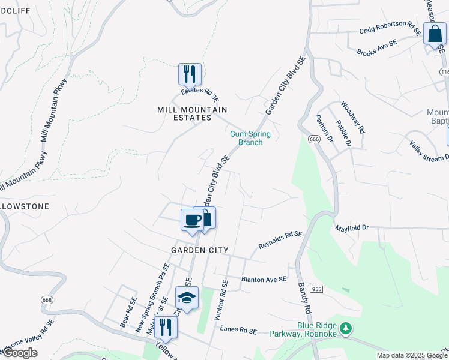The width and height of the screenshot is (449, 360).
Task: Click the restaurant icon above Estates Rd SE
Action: [190, 74]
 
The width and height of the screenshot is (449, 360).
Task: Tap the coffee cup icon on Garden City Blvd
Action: [193, 220]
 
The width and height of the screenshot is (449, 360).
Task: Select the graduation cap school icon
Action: [187, 298]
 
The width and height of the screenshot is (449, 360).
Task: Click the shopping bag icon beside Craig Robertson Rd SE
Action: [434, 34]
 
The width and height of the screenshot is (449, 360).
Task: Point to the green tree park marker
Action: [345, 328]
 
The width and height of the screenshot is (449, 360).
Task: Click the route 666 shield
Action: [314, 139]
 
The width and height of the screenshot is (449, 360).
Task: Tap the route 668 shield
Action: [48, 299]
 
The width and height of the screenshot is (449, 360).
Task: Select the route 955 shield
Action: [317, 289]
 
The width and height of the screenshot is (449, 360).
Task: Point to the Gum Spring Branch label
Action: [250, 138]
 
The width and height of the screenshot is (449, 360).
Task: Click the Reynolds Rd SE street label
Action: [280, 240]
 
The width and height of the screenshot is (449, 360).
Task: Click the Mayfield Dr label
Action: [351, 228]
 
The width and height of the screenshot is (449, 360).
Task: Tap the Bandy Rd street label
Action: [304, 300]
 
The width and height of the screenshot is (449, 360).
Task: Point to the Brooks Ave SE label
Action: [377, 48]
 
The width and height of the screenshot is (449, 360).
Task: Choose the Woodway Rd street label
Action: [353, 117]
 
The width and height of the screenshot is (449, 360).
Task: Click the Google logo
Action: [20, 353]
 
